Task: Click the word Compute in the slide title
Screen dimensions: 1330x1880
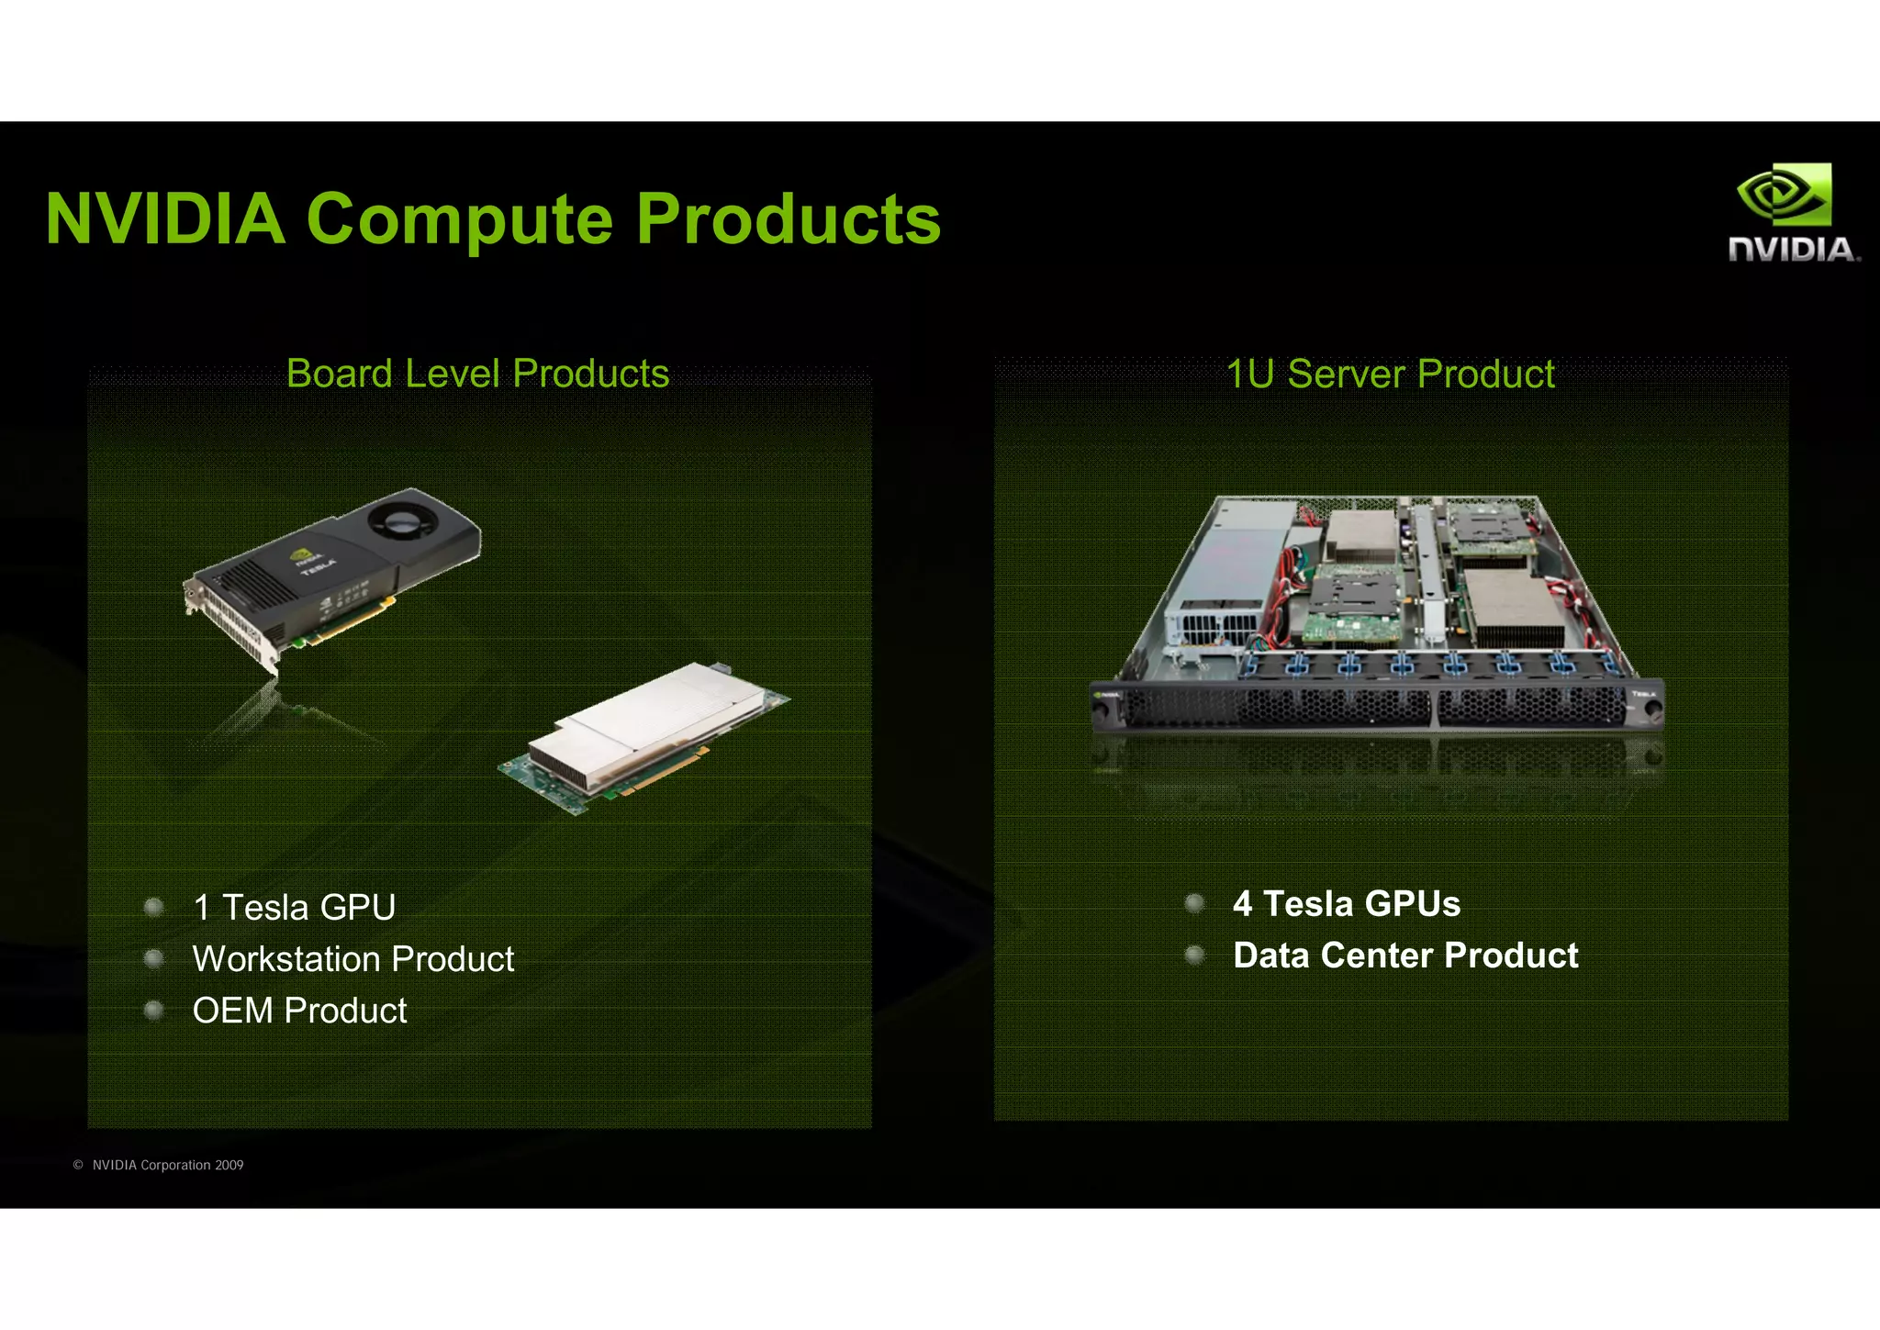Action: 459,220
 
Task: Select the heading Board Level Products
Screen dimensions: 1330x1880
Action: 477,374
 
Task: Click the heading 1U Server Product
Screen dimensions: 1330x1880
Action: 1390,374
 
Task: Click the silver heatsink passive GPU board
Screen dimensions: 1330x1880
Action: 643,725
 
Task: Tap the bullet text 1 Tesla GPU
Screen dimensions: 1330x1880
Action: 294,907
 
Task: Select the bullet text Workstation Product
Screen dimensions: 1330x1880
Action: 353,958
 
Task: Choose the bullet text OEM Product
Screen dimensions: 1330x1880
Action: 299,1010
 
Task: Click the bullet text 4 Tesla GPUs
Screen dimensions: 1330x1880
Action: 1346,903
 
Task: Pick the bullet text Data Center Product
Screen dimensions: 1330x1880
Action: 1405,955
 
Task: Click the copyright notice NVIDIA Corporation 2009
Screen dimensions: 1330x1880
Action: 167,1165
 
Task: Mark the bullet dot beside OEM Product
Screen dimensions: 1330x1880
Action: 154,1010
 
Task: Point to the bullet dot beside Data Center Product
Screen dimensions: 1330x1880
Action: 1194,955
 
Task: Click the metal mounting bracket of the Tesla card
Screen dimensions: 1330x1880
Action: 229,624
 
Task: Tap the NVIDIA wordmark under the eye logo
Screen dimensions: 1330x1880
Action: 1792,249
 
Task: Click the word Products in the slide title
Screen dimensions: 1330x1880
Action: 789,220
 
